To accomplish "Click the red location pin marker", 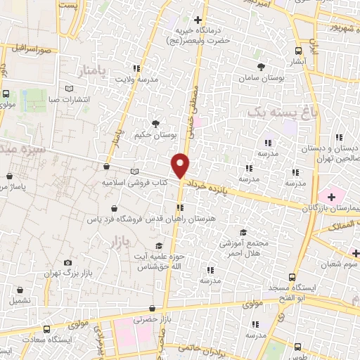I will pyautogui.click(x=181, y=165).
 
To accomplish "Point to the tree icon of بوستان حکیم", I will pyautogui.click(x=155, y=124).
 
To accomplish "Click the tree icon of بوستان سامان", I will pyautogui.click(x=262, y=67).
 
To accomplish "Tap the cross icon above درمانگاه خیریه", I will pyautogui.click(x=198, y=20).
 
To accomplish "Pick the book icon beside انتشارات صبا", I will pyautogui.click(x=69, y=88).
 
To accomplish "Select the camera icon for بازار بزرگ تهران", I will pyautogui.click(x=67, y=262).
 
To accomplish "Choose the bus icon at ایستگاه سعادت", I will pyautogui.click(x=47, y=329).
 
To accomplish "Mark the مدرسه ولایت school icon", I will pyautogui.click(x=136, y=68).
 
